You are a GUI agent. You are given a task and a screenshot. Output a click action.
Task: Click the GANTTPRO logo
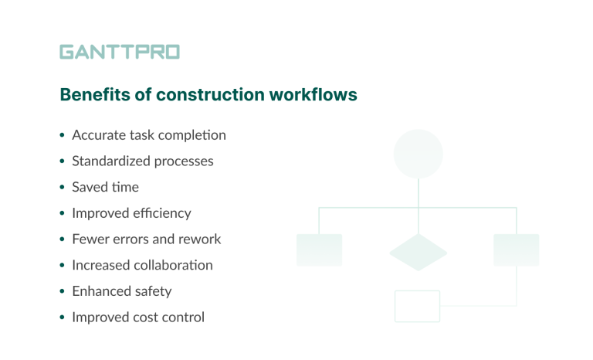tap(120, 52)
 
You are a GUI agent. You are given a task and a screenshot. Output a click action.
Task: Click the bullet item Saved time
tap(105, 187)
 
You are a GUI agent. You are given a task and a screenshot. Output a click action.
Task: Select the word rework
tap(198, 239)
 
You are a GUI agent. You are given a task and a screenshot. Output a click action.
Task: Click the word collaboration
tap(174, 265)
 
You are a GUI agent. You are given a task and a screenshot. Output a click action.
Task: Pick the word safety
tap(152, 291)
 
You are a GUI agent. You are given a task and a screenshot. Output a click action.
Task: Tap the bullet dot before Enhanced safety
tap(62, 292)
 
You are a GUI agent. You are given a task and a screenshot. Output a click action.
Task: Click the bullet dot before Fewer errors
tap(62, 239)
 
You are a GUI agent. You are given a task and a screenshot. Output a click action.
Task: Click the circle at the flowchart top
tap(418, 154)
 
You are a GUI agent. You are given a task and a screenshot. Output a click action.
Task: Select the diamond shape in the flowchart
tap(418, 252)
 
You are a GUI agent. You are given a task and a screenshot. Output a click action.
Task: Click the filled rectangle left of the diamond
tap(319, 250)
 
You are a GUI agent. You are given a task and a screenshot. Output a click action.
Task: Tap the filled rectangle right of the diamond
tap(516, 250)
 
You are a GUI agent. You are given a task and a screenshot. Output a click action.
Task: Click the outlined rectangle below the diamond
tap(417, 306)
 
